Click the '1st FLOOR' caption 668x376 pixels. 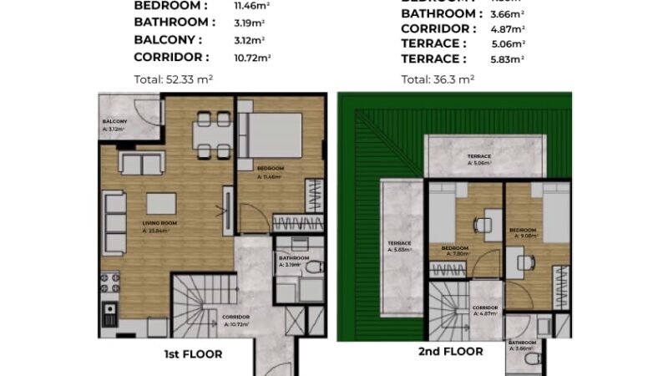(x=192, y=354)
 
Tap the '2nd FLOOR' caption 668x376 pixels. (x=450, y=352)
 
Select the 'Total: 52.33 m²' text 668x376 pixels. (x=174, y=79)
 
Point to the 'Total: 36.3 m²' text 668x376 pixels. (x=438, y=79)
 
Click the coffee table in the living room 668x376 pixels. (x=161, y=204)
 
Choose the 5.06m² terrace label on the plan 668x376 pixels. (x=478, y=160)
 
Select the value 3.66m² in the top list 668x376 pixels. (x=507, y=13)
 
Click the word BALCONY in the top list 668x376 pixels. (x=168, y=39)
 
